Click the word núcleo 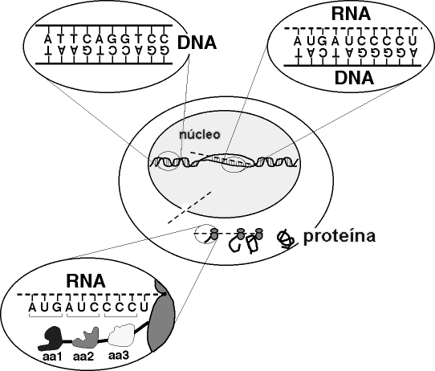200,134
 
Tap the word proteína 339,236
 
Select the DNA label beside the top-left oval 197,43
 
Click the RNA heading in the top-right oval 351,14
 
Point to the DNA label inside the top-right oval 354,77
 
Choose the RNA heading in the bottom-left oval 86,281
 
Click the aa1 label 52,357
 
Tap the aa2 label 83,357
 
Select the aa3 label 119,356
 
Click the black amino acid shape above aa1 51,338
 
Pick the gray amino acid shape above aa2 86,338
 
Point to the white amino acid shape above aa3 121,334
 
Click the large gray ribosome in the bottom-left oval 161,316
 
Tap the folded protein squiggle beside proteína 285,239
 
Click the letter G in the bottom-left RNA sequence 57,308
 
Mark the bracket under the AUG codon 46,316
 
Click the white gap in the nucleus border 185,206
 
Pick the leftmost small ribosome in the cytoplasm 214,234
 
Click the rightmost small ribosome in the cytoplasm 258,234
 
